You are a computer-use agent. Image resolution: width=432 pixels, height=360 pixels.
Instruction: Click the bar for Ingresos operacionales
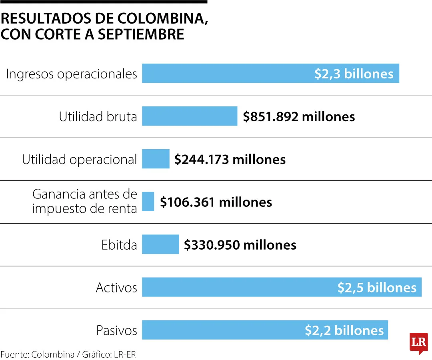(228, 74)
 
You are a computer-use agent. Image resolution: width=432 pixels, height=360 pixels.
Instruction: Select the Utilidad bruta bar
(190, 116)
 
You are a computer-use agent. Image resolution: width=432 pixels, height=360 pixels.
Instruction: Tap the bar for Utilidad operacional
(156, 159)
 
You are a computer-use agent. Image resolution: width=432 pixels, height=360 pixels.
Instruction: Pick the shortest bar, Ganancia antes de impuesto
(148, 202)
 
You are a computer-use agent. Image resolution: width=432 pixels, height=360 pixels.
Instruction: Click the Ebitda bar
(160, 244)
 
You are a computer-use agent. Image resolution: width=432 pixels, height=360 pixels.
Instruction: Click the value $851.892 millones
(299, 116)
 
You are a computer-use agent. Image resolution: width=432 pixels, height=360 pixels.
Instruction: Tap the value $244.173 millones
(230, 159)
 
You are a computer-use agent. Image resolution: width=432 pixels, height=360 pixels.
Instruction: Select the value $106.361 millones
(216, 202)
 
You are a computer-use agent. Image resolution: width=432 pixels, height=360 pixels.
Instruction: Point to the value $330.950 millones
(240, 245)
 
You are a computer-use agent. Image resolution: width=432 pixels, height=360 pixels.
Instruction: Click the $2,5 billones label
(377, 287)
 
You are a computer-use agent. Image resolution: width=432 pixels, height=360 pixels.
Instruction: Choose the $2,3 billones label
(354, 74)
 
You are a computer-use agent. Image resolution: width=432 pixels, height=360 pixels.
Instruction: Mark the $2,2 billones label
(344, 330)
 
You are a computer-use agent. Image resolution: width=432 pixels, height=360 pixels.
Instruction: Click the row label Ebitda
(119, 245)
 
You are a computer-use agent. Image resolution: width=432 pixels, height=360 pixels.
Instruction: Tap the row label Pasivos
(116, 330)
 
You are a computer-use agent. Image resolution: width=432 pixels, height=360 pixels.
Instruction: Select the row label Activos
(116, 288)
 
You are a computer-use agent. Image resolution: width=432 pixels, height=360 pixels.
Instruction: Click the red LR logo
(418, 343)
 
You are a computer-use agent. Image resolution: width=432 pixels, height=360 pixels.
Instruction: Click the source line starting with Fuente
(68, 354)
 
